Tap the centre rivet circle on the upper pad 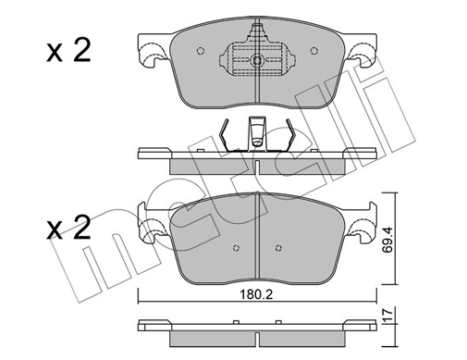[x=256, y=62]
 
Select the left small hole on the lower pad [x=233, y=248]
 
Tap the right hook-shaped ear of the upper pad [x=363, y=61]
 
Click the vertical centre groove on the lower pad [x=256, y=231]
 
